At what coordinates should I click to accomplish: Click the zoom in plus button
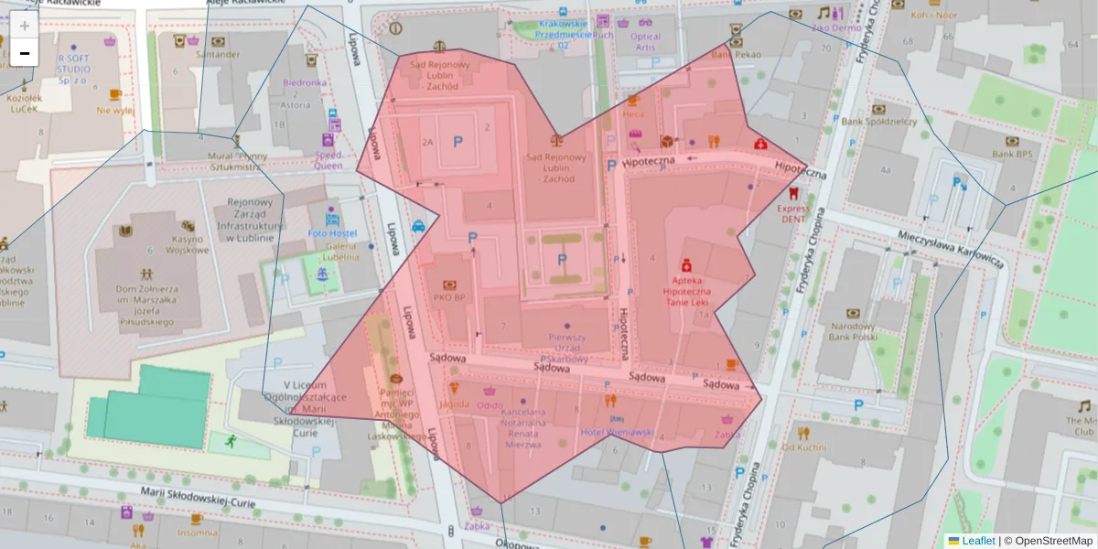click(25, 26)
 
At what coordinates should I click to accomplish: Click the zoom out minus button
click(25, 53)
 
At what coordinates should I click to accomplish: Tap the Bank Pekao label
click(736, 54)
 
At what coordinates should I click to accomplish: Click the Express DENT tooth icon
click(793, 194)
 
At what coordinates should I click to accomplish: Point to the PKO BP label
click(449, 297)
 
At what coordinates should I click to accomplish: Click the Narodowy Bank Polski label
click(852, 330)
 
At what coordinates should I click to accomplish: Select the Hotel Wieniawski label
click(618, 432)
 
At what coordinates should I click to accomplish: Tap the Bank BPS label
click(1011, 155)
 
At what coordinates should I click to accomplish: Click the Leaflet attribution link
click(978, 541)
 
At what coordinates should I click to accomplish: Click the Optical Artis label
click(645, 42)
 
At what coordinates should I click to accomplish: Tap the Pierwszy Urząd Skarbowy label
click(567, 348)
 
